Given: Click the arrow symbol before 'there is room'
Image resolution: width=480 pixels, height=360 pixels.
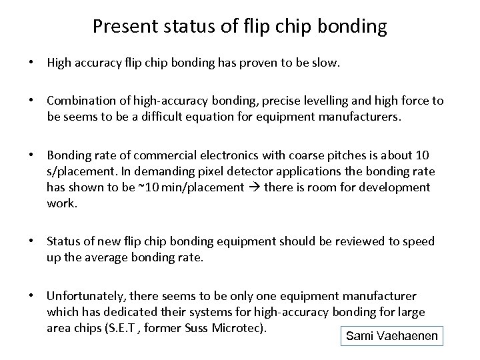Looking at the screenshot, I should (254, 187).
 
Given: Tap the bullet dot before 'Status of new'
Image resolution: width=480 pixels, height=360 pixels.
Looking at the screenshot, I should (31, 241).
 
